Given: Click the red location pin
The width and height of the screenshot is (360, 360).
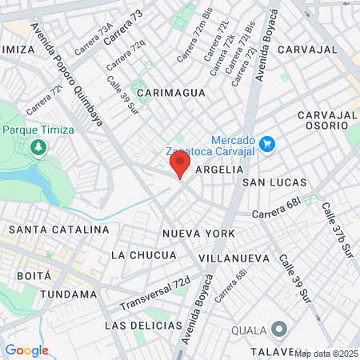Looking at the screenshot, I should [x=179, y=165].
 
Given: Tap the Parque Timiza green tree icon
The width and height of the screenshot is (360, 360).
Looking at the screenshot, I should [x=38, y=148].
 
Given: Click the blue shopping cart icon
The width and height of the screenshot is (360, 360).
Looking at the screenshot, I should [x=267, y=144].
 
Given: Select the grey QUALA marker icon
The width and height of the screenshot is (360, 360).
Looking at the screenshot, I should [x=279, y=329].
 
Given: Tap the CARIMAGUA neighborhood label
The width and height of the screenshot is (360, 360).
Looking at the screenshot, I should [x=171, y=93].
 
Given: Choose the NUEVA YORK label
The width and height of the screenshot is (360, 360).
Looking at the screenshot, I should [x=198, y=234].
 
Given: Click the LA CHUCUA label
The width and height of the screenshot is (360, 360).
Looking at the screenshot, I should [x=143, y=255].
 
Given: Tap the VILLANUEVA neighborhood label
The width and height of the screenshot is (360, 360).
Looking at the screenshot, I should [x=234, y=259].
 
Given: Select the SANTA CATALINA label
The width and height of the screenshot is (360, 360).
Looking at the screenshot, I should [x=58, y=230].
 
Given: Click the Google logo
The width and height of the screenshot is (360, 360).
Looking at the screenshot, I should [x=26, y=350].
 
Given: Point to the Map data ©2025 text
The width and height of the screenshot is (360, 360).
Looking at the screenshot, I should [x=326, y=353].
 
